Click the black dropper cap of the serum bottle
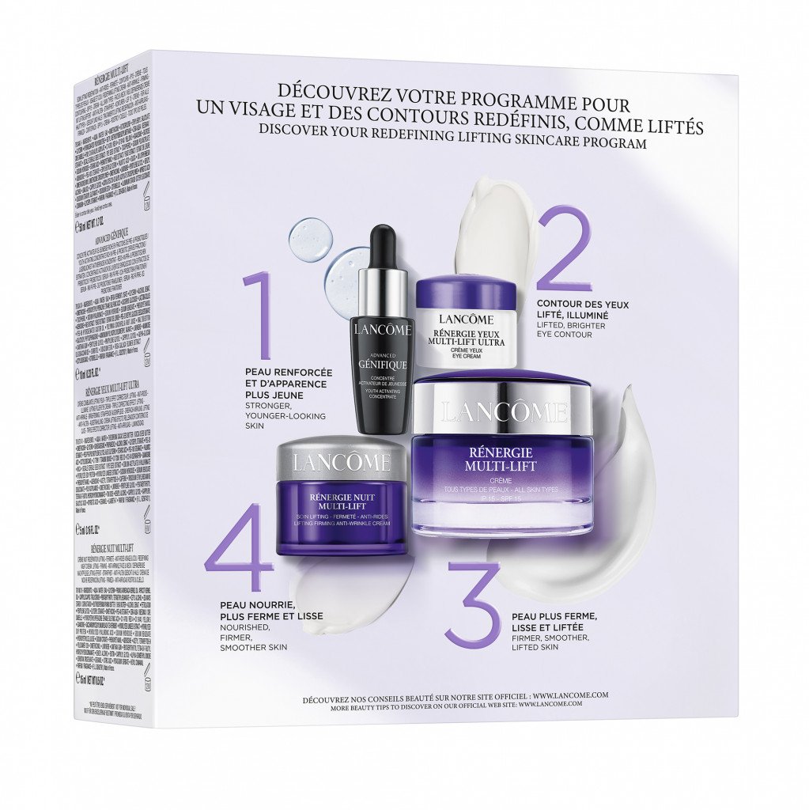(x=383, y=245)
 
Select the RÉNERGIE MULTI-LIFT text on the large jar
(x=501, y=460)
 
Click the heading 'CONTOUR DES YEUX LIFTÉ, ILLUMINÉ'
(x=580, y=308)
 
